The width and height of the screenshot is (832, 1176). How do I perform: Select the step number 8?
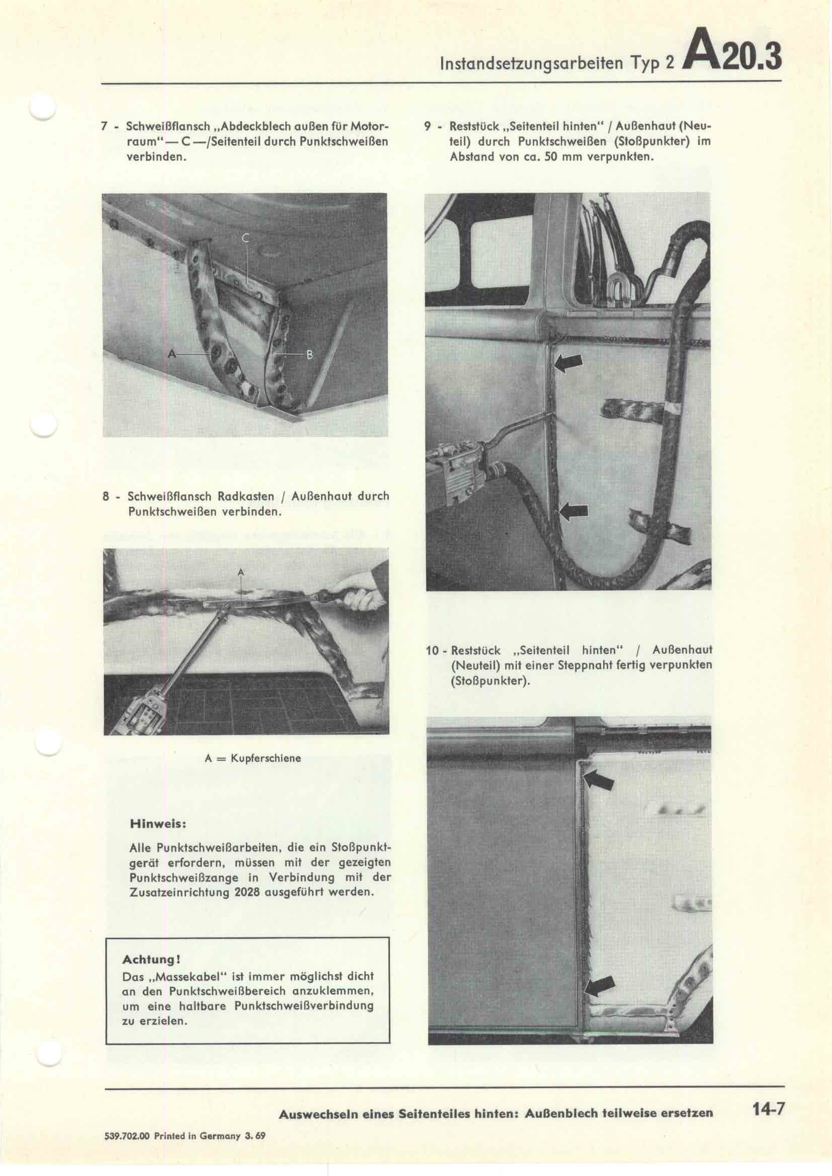(x=106, y=497)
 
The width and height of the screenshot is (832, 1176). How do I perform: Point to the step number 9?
(x=428, y=126)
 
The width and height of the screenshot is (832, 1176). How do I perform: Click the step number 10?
(x=433, y=651)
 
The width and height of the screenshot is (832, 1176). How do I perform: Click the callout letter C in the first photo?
(x=245, y=238)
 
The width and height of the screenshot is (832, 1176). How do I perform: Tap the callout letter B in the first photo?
(x=309, y=354)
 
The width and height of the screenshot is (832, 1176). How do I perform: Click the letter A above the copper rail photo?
(x=241, y=572)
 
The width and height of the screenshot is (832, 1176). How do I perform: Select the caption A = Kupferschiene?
(x=253, y=758)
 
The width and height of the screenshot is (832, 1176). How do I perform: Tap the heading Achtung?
(x=151, y=958)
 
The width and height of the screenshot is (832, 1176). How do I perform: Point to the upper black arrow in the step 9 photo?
(x=569, y=363)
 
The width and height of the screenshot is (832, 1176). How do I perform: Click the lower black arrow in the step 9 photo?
(x=574, y=510)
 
